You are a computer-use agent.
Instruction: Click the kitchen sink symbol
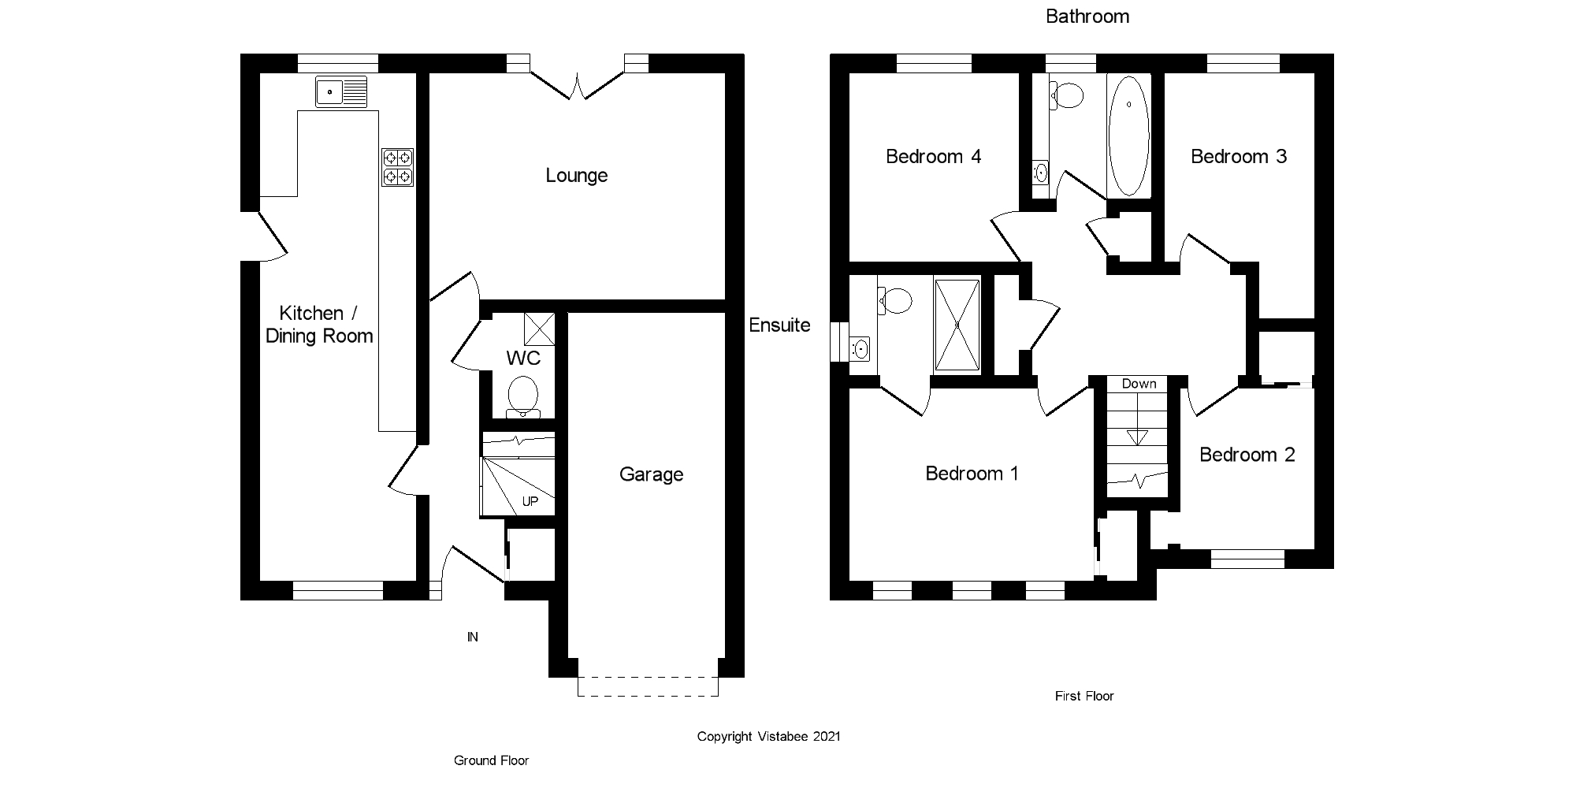341,92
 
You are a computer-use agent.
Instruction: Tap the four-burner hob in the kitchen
398,167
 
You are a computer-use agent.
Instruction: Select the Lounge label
577,175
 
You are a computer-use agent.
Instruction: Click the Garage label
651,474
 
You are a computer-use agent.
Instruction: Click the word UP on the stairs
530,501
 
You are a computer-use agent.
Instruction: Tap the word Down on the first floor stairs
1139,384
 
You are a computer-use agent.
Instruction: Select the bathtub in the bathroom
1128,136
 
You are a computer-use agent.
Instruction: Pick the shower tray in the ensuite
957,324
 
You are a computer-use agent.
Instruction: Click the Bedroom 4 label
933,156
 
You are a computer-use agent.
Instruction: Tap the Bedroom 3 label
1238,156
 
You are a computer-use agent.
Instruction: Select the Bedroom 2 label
1247,455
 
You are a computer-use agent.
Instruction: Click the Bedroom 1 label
972,473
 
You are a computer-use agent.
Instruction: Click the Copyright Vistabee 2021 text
768,736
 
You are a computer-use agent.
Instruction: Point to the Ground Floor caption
491,760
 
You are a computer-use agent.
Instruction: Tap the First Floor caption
1084,696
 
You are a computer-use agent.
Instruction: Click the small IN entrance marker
473,637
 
